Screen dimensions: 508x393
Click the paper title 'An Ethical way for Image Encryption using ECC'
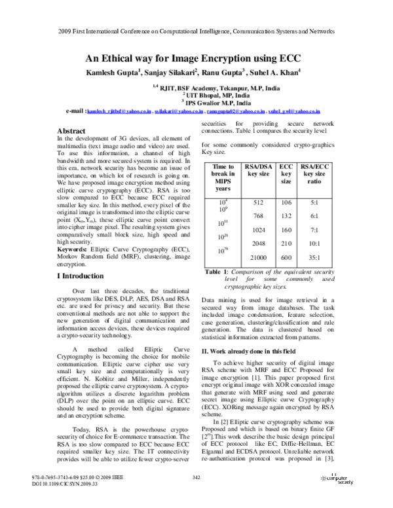coord(196,58)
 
